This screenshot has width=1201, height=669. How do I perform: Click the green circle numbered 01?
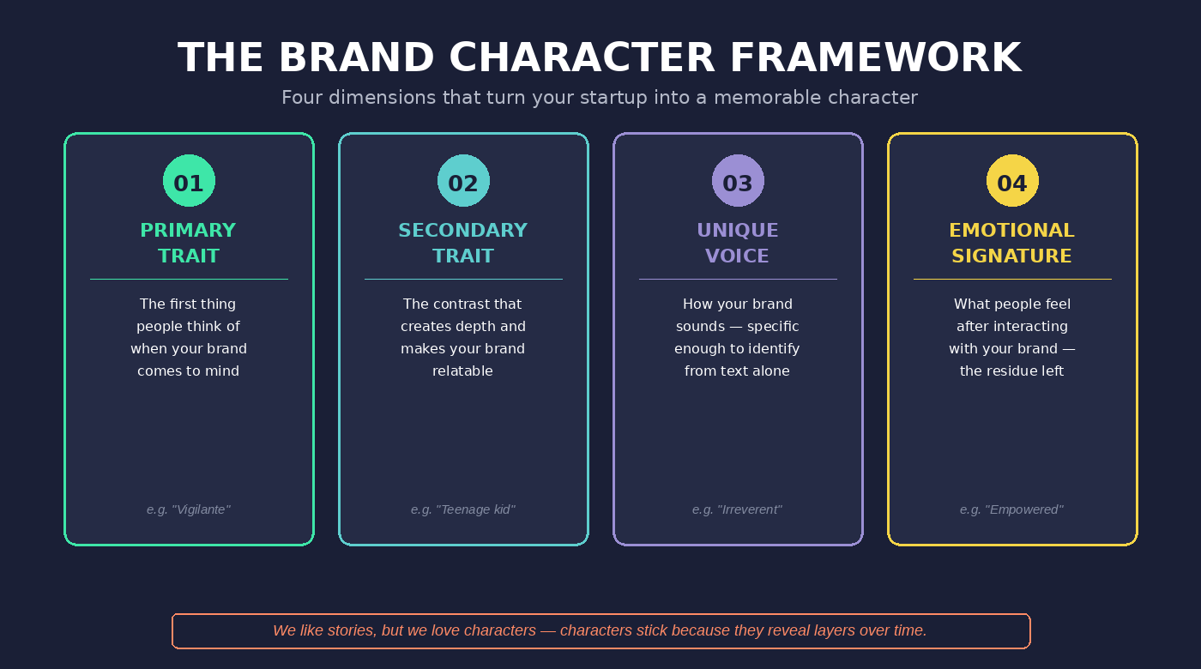[x=189, y=181]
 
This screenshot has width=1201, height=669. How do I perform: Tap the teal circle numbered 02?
[x=463, y=181]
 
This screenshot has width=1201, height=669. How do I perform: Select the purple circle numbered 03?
[x=738, y=181]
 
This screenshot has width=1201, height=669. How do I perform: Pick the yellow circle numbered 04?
[x=1012, y=181]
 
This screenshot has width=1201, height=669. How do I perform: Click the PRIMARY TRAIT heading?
[x=189, y=243]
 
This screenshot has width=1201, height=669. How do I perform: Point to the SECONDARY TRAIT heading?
[x=463, y=243]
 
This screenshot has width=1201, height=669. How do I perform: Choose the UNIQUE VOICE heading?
[x=738, y=243]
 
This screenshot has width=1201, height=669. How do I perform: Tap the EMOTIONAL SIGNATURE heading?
[x=1012, y=243]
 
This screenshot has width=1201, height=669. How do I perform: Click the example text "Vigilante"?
[x=201, y=509]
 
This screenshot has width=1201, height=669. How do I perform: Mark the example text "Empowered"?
[x=1024, y=509]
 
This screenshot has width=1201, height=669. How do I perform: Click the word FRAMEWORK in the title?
[x=875, y=58]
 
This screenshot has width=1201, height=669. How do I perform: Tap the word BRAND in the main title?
[x=355, y=58]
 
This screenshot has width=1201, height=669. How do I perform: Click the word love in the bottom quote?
[x=445, y=630]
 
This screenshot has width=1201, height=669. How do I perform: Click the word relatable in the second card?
[x=463, y=371]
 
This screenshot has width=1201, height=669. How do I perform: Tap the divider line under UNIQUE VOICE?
[x=738, y=279]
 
